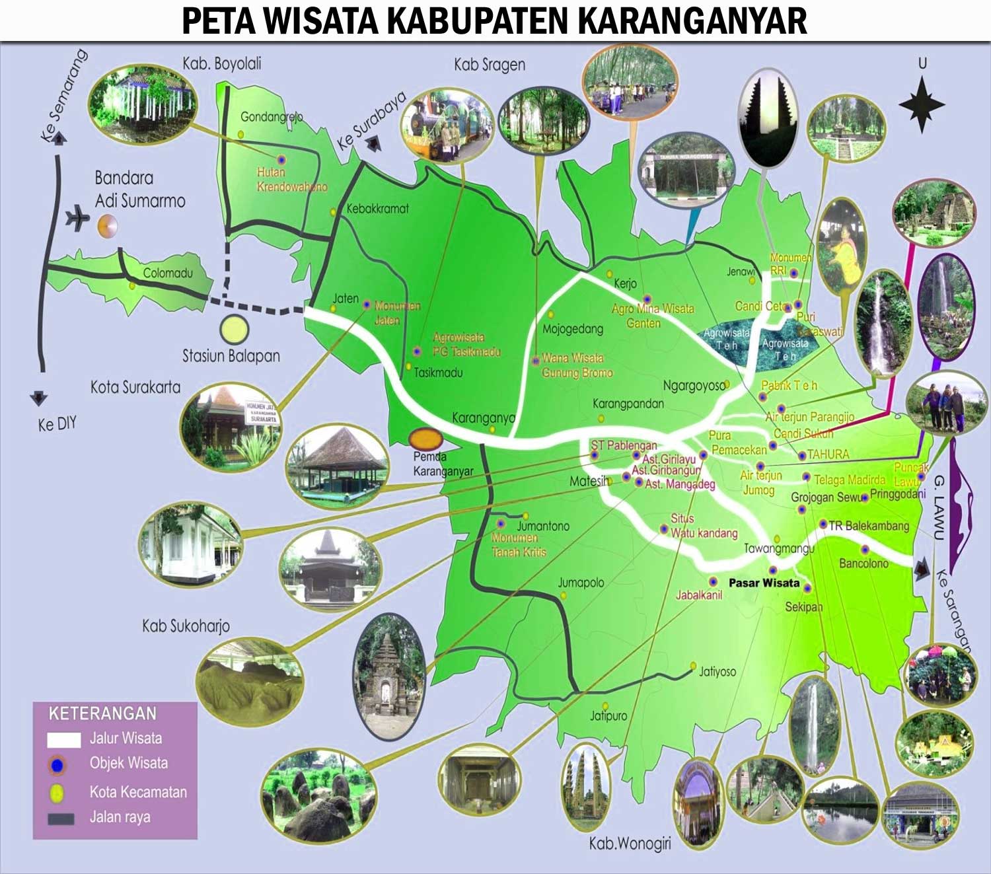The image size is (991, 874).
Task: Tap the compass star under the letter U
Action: (922, 104)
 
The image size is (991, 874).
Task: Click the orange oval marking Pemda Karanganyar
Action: (426, 439)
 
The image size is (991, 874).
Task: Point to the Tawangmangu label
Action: (779, 549)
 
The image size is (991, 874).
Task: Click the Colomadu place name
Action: (168, 273)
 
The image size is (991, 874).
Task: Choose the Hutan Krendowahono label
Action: (291, 180)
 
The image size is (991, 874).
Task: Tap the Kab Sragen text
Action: (490, 65)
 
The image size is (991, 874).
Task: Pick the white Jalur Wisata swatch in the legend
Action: (63, 739)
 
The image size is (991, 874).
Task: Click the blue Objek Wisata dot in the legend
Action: (57, 765)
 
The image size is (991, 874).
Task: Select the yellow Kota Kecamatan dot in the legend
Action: (57, 792)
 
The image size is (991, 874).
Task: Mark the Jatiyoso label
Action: (717, 672)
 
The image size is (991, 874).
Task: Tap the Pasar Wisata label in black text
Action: (764, 583)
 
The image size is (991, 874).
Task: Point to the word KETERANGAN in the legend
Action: (102, 714)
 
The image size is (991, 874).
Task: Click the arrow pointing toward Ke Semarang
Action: (59, 138)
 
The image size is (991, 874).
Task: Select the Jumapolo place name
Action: (581, 583)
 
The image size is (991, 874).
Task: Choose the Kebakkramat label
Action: (377, 209)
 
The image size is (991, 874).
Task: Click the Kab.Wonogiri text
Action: (630, 844)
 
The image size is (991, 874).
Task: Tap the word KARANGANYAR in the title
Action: (692, 21)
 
